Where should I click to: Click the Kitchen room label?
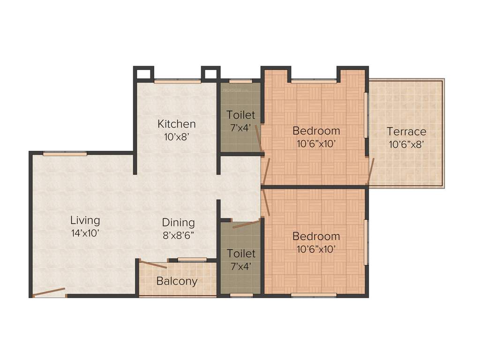[176, 124]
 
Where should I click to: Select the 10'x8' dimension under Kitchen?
[176, 137]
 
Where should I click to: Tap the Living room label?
[85, 220]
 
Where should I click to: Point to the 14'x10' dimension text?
[85, 233]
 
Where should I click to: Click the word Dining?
[178, 223]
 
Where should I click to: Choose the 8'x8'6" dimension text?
[178, 235]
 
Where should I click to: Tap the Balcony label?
[177, 282]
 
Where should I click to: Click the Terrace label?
[406, 132]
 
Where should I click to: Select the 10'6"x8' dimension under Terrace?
[406, 144]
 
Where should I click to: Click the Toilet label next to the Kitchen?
[241, 115]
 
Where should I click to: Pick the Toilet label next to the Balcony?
[241, 254]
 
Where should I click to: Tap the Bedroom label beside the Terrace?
[316, 131]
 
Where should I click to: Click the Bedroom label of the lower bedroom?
[316, 236]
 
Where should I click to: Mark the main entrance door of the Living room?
[49, 292]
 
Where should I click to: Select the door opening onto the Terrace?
[371, 172]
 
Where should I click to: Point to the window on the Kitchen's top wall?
[178, 82]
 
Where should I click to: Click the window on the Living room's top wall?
[65, 153]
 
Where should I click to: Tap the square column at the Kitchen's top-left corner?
[143, 74]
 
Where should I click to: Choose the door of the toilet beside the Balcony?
[246, 224]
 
